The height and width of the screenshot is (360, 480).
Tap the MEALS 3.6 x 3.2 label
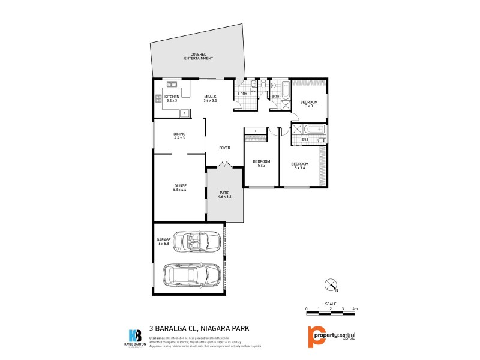[x=210, y=98]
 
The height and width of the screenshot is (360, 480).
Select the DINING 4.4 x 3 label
[x=179, y=136]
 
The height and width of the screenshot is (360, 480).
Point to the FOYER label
[x=224, y=148]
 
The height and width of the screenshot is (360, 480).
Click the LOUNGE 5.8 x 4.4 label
[x=179, y=188]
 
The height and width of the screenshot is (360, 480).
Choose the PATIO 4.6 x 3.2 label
[x=224, y=194]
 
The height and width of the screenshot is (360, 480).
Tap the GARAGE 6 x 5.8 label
[x=164, y=242]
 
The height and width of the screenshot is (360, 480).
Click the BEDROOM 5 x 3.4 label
[x=300, y=166]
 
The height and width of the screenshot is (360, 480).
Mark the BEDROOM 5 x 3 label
[x=261, y=163]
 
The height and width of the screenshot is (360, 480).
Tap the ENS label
[x=305, y=140]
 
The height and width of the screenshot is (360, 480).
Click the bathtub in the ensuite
[x=314, y=129]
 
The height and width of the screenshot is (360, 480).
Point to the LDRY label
[x=243, y=94]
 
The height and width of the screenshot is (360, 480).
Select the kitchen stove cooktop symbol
[x=159, y=98]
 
